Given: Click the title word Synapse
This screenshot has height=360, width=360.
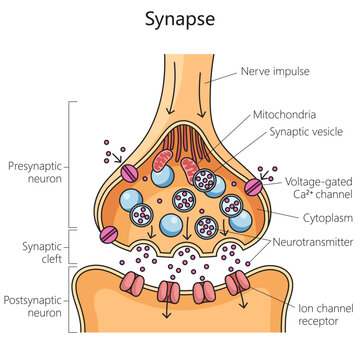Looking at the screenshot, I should click(180, 19).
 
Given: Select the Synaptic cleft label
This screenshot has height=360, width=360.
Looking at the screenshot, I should click(35, 247).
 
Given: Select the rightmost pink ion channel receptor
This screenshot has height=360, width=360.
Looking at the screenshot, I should click(237, 287).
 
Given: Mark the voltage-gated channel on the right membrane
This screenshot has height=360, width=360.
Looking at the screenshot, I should click(254, 187).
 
